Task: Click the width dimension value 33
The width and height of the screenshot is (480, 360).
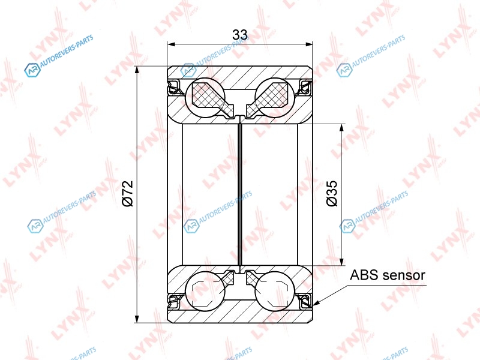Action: tap(239, 35)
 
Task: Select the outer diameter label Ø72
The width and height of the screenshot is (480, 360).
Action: tap(128, 193)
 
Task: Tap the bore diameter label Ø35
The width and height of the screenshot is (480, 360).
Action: tap(332, 193)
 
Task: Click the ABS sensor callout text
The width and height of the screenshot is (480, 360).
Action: tap(387, 275)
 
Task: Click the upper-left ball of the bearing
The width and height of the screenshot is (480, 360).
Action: tap(205, 97)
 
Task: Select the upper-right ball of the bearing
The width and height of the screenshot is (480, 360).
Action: tap(275, 97)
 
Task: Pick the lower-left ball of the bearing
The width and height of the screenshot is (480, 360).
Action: tap(205, 291)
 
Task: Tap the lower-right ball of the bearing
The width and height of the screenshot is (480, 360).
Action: tap(275, 291)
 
